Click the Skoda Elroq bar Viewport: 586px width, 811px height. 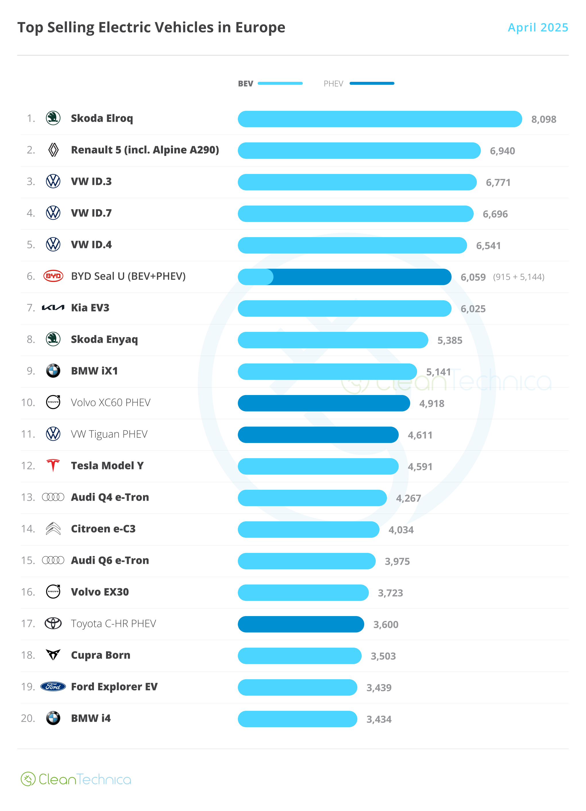click(379, 119)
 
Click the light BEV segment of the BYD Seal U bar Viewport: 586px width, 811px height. click(255, 277)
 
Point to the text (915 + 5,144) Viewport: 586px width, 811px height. click(518, 277)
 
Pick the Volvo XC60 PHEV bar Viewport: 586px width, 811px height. click(323, 403)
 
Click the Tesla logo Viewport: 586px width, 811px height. click(53, 466)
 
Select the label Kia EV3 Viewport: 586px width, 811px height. click(90, 308)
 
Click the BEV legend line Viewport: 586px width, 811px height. click(280, 83)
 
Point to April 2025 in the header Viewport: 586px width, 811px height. click(537, 28)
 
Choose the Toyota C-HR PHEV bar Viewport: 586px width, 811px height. click(300, 624)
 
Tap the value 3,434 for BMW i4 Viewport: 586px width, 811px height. click(379, 719)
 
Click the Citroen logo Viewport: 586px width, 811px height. click(53, 529)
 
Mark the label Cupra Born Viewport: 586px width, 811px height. click(101, 655)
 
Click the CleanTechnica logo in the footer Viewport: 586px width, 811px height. click(76, 779)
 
